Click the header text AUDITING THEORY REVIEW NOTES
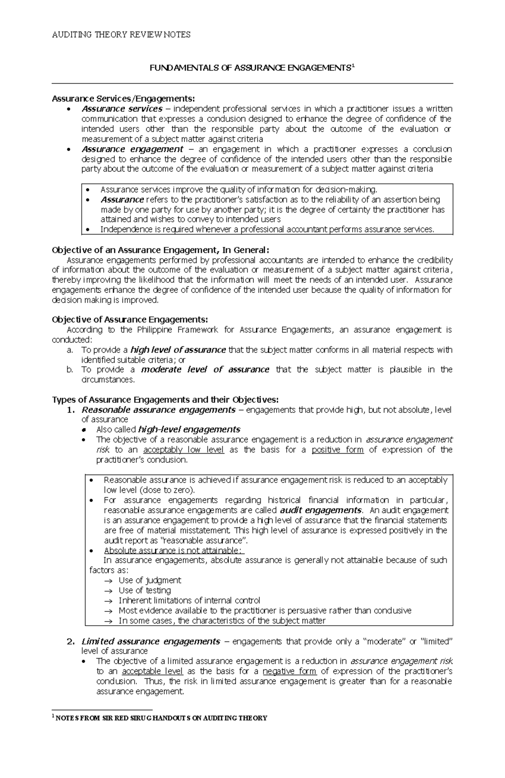pos(121,35)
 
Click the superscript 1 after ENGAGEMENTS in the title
pos(353,66)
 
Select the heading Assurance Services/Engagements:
pos(123,98)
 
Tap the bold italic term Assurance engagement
pos(133,149)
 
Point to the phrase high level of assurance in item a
pos(178,350)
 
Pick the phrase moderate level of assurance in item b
pos(205,369)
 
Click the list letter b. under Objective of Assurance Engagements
pos(70,369)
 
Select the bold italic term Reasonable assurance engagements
pos(158,409)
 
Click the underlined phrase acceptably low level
pos(183,450)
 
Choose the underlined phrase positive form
pos(338,450)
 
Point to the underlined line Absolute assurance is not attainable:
pos(173,550)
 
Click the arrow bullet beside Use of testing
pos(108,591)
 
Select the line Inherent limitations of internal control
pos(189,600)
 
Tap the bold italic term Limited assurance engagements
pos(151,642)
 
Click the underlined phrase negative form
pos(289,671)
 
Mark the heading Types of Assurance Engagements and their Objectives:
pos(165,399)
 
